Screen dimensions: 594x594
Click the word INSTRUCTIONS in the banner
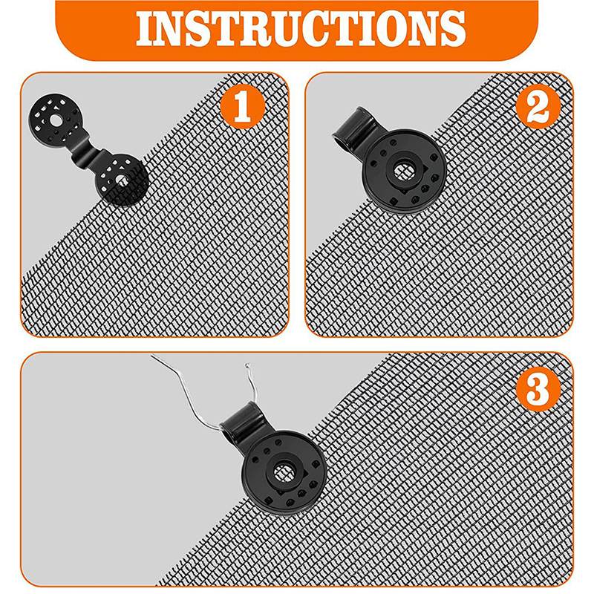pyautogui.click(x=301, y=28)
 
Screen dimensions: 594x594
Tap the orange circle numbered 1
pyautogui.click(x=243, y=106)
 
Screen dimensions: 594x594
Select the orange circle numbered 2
pyautogui.click(x=538, y=106)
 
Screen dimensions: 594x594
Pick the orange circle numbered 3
pyautogui.click(x=538, y=388)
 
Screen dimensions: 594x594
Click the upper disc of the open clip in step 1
pyautogui.click(x=56, y=121)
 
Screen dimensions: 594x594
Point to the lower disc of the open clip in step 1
pyautogui.click(x=121, y=180)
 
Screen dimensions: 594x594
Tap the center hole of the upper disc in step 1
pyautogui.click(x=56, y=120)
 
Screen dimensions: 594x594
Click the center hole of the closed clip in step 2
pyautogui.click(x=405, y=172)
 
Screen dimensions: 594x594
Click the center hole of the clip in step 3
pyautogui.click(x=284, y=472)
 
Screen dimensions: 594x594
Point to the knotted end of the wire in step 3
pyautogui.click(x=248, y=365)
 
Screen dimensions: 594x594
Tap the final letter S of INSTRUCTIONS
pyautogui.click(x=452, y=29)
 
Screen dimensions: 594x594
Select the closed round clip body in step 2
pyautogui.click(x=404, y=172)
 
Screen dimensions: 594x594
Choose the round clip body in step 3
pyautogui.click(x=284, y=472)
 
